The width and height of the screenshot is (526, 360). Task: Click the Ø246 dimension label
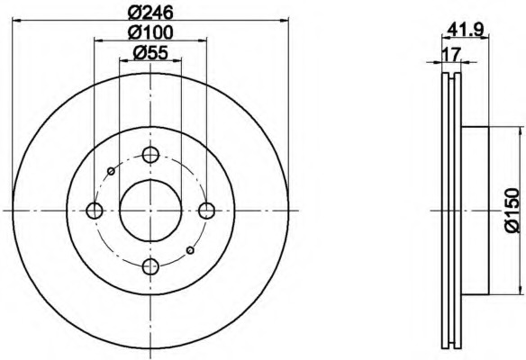pyautogui.click(x=150, y=13)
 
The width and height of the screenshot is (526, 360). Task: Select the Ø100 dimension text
pyautogui.click(x=150, y=32)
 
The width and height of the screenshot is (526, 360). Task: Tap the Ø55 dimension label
pyautogui.click(x=150, y=52)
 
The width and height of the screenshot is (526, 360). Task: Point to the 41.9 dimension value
pyautogui.click(x=466, y=31)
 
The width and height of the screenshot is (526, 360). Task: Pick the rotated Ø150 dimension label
pyautogui.click(x=512, y=211)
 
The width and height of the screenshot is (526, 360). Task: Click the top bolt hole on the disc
pyautogui.click(x=150, y=155)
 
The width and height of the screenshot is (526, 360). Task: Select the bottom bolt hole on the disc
pyautogui.click(x=150, y=266)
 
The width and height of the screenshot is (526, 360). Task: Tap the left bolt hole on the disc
pyautogui.click(x=95, y=211)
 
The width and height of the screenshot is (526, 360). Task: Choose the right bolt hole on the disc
pyautogui.click(x=206, y=211)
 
